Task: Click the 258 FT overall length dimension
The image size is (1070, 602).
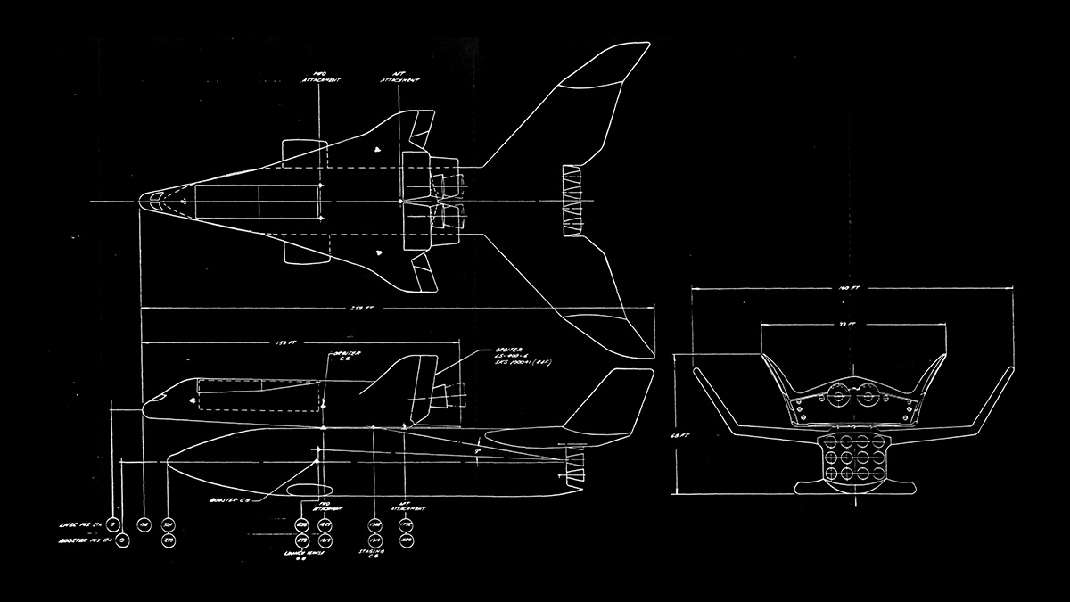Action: (363, 309)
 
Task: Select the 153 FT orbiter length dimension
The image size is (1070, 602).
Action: (286, 342)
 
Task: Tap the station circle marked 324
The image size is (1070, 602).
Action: (169, 524)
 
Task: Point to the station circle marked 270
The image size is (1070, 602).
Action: (169, 540)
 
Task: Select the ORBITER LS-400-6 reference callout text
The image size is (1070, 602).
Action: (509, 357)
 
